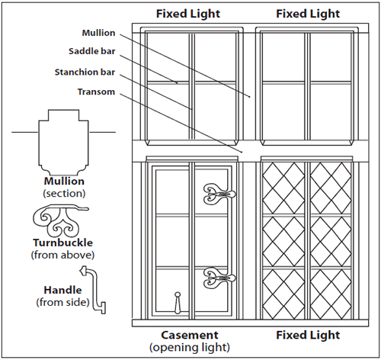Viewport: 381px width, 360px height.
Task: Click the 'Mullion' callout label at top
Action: click(98, 33)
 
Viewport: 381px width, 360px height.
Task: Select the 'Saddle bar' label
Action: click(92, 51)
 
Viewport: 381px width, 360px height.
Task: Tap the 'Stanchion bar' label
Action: click(85, 72)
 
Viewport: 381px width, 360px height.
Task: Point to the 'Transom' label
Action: click(96, 92)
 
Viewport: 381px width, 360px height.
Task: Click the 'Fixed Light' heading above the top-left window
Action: click(188, 14)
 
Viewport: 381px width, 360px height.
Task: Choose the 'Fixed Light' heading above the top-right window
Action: click(308, 14)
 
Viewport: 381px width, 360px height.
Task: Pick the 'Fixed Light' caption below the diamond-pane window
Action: click(308, 335)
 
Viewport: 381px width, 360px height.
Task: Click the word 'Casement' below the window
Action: click(190, 335)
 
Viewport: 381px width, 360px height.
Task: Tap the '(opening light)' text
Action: click(190, 347)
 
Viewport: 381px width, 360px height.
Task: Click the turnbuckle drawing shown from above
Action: click(60, 220)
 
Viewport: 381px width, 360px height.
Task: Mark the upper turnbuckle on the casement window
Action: click(219, 194)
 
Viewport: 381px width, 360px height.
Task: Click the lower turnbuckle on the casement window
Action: click(219, 278)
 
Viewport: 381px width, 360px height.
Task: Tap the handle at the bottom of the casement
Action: click(178, 303)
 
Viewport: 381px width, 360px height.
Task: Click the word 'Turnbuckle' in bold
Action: click(62, 243)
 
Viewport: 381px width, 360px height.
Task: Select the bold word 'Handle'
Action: click(62, 290)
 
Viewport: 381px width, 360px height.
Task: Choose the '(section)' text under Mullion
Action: click(64, 194)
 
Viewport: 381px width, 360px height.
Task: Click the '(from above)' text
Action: click(62, 255)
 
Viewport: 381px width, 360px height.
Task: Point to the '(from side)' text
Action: click(62, 302)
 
